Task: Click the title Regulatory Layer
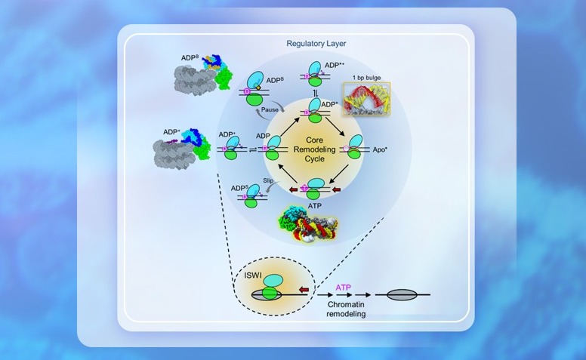[316, 43]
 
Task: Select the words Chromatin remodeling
[347, 307]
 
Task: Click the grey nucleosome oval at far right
[402, 293]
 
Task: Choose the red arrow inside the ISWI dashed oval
[304, 288]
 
